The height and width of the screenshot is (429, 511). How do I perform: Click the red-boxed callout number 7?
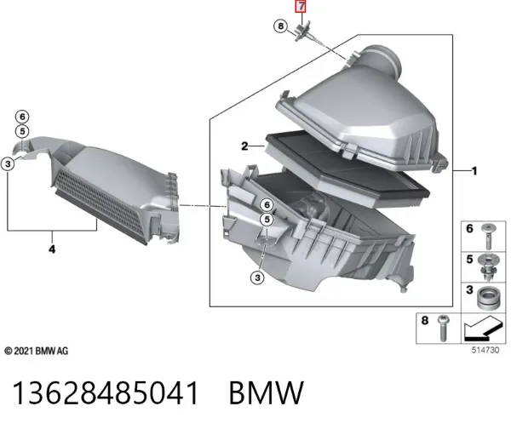pos(301,6)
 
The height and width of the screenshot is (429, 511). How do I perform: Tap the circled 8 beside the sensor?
pos(280,26)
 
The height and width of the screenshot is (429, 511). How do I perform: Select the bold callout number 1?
pos(474,171)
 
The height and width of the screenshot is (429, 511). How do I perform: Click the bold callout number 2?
pos(244,146)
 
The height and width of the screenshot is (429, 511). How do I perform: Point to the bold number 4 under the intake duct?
pos(52,249)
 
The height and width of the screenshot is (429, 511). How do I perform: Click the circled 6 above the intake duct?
pos(22,117)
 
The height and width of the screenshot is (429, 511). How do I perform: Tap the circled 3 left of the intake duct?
pos(8,163)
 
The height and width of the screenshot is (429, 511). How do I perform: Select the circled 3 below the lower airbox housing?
pos(257,277)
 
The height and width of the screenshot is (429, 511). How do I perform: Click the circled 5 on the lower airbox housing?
pos(267,220)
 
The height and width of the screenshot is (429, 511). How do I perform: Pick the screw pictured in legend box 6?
pos(488,236)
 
